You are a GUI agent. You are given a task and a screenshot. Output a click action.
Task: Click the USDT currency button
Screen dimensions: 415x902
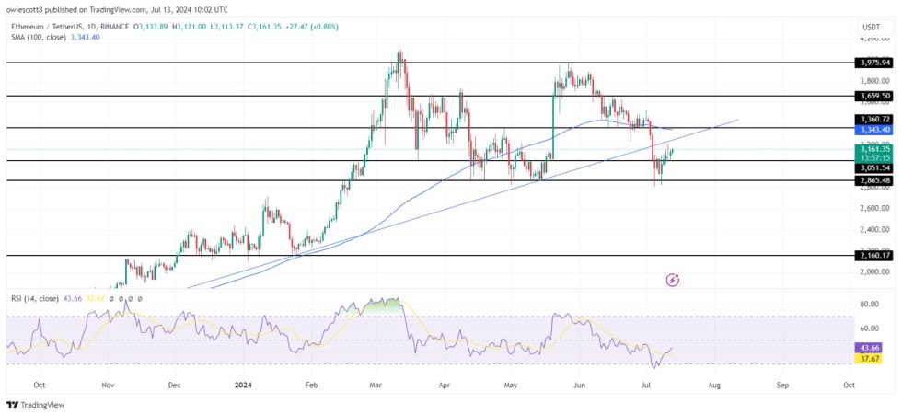(873, 27)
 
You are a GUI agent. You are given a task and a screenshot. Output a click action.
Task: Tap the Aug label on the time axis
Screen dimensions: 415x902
(714, 386)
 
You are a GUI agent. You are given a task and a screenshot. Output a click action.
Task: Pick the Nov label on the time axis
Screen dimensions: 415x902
(108, 386)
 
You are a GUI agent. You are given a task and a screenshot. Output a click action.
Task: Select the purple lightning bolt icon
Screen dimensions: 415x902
(673, 280)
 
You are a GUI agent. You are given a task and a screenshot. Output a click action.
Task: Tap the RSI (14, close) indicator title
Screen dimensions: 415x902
(35, 299)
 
